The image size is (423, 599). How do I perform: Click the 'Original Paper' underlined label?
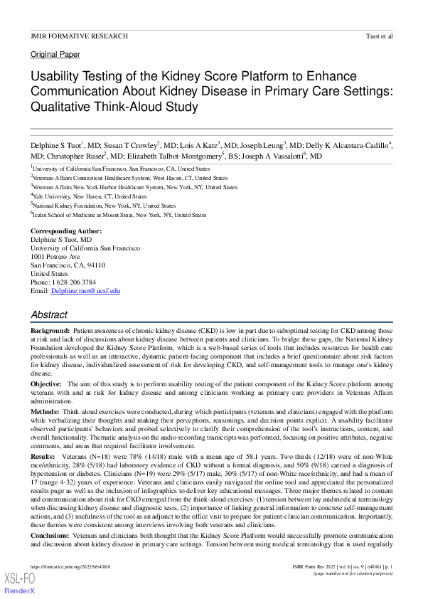55,54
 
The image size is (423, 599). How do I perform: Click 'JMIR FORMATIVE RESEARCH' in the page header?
80,35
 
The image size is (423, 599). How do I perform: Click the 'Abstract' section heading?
49,314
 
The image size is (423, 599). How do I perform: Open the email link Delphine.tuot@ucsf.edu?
85,291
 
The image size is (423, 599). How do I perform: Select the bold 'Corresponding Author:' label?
66,231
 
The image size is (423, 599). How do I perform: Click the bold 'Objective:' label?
46,383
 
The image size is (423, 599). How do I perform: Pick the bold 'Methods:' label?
45,412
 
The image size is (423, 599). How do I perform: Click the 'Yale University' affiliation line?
90,196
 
